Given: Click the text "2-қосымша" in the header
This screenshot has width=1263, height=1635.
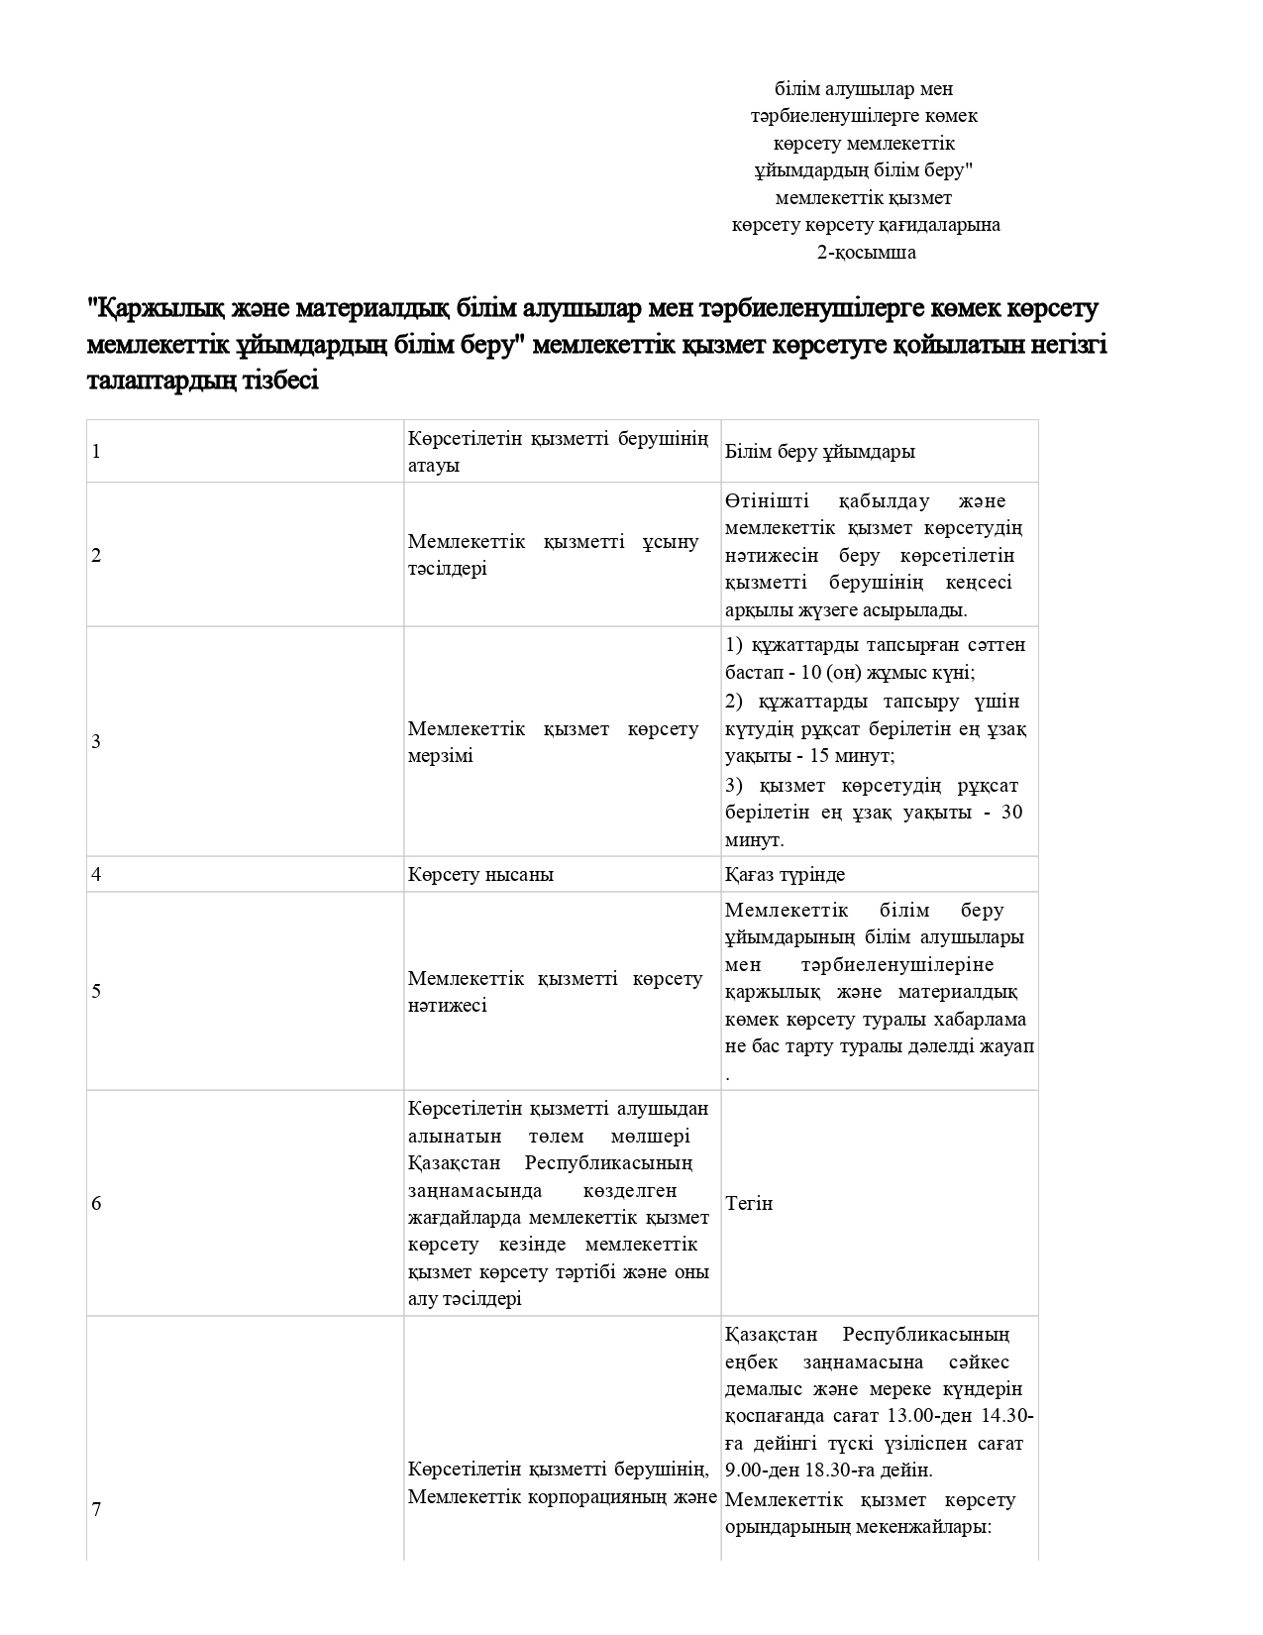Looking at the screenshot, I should (x=865, y=252).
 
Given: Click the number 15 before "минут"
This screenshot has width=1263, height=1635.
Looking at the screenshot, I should (x=818, y=756).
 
